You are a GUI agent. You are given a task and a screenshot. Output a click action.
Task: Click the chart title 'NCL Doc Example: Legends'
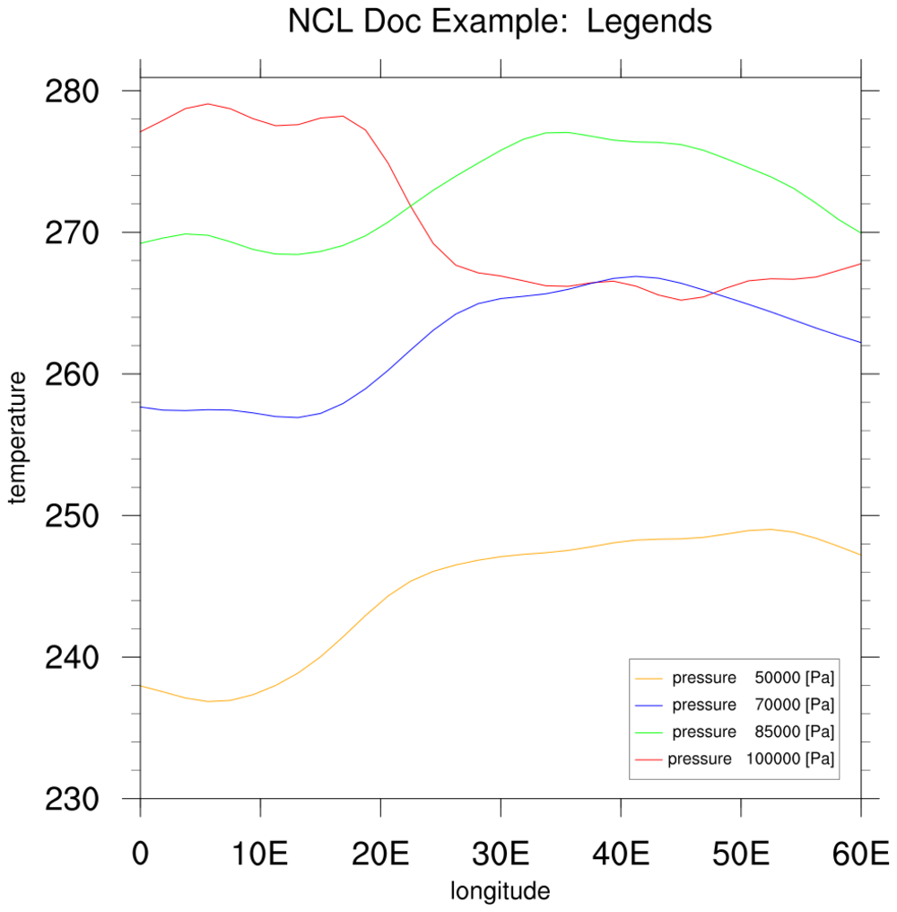click(x=500, y=22)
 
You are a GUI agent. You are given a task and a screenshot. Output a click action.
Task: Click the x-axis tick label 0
click(x=141, y=854)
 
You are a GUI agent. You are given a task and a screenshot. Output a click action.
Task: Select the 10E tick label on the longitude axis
click(x=260, y=854)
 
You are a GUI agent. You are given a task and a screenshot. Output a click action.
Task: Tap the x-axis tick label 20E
click(x=380, y=854)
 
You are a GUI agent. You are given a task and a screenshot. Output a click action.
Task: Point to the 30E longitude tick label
click(x=501, y=854)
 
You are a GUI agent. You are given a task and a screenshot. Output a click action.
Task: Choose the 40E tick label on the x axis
click(x=621, y=854)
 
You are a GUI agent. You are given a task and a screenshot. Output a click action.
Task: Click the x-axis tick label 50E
click(x=740, y=854)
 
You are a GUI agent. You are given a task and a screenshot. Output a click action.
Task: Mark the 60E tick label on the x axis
click(x=860, y=854)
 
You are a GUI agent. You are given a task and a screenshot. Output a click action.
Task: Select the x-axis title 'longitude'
click(x=500, y=892)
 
